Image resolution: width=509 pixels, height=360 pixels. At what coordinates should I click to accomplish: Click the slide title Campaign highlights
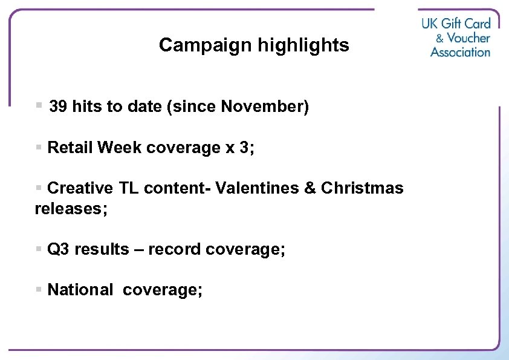click(x=254, y=45)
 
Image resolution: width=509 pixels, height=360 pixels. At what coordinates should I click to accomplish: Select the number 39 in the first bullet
click(x=58, y=107)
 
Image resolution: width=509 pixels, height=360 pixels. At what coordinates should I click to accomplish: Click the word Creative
click(x=80, y=188)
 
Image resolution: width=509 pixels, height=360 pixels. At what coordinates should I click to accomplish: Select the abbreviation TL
click(x=128, y=188)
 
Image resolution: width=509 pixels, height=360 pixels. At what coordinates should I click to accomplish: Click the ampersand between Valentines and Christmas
click(x=310, y=188)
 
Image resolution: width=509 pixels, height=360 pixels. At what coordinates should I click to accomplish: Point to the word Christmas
click(x=362, y=188)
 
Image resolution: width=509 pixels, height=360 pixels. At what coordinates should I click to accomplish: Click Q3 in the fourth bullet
click(x=58, y=249)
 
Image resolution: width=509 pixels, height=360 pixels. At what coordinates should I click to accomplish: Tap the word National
click(x=80, y=290)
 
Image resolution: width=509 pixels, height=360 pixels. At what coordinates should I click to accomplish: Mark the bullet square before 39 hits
click(x=39, y=106)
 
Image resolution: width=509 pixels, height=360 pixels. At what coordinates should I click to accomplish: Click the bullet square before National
click(x=39, y=290)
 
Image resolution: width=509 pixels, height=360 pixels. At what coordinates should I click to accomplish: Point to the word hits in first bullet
click(x=86, y=107)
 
